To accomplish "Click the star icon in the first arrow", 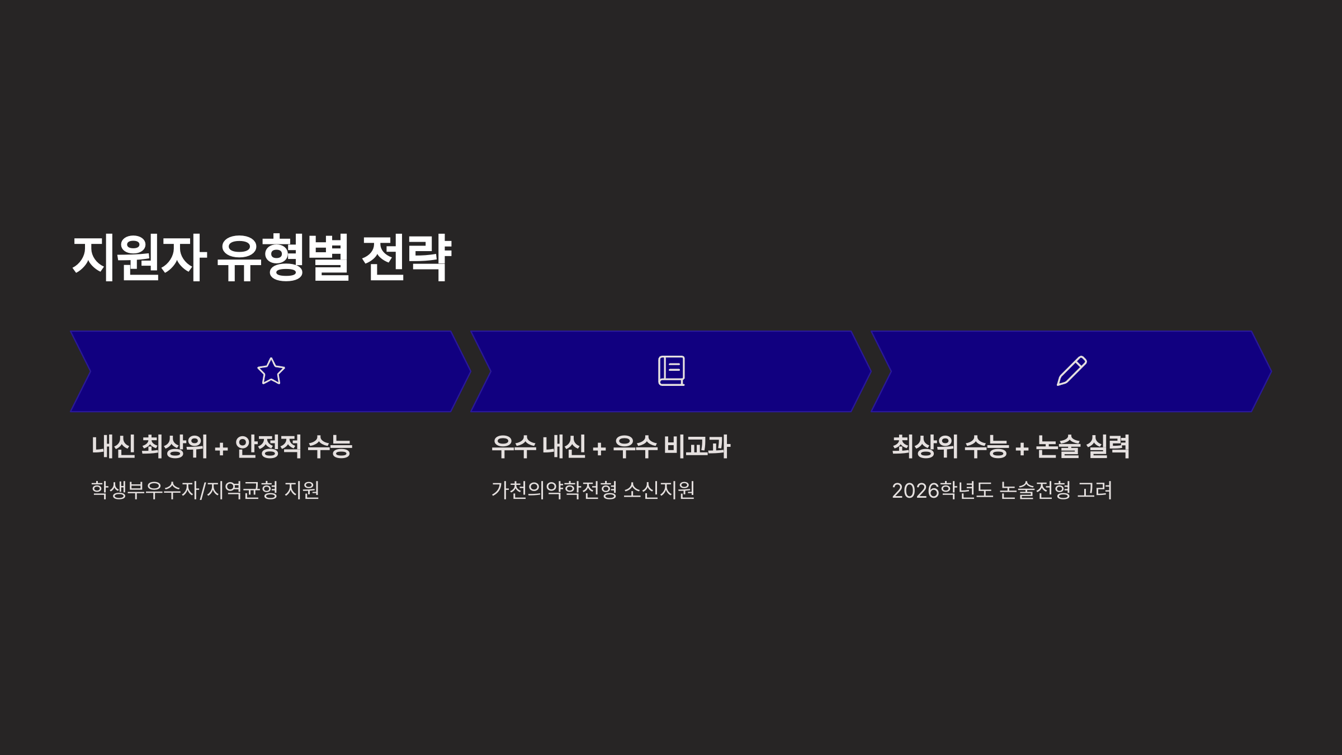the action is (271, 371).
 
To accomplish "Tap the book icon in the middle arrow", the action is (671, 371).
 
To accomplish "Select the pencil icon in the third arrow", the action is (1071, 371).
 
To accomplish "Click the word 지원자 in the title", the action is (139, 258).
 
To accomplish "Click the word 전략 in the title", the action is (407, 258).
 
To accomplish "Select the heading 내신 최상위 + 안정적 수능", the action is (222, 447).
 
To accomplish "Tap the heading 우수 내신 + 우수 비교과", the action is (611, 447).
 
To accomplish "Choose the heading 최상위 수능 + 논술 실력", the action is (1010, 447).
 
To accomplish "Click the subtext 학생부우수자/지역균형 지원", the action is (205, 490).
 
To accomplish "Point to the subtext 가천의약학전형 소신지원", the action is (593, 490).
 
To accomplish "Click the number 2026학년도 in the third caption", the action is (942, 490).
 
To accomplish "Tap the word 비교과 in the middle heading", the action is (697, 447).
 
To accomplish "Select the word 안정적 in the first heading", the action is (268, 447).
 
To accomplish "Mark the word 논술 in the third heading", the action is (1058, 447).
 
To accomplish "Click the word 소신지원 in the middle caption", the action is (659, 490).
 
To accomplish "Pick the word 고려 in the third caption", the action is (1095, 490).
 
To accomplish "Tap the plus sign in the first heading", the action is (221, 449).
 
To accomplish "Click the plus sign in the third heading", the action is (1022, 449).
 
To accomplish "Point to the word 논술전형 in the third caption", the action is (1035, 490).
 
